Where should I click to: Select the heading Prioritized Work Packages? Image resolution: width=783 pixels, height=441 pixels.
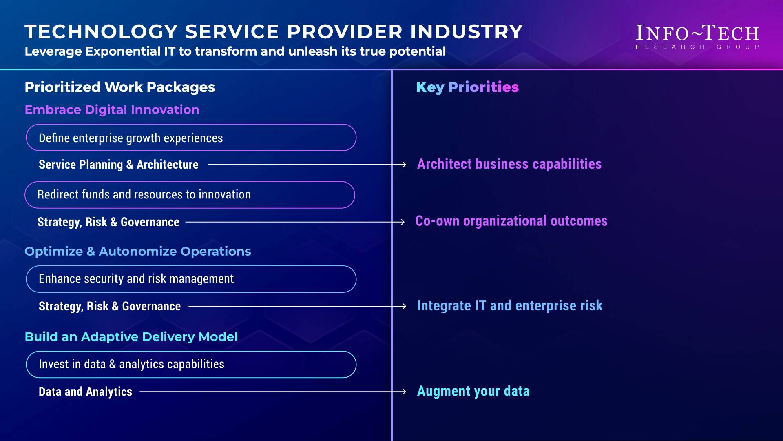coord(119,87)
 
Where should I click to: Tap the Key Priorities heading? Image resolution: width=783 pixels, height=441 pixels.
coord(467,87)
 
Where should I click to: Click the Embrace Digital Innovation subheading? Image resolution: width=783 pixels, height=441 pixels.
coord(112,109)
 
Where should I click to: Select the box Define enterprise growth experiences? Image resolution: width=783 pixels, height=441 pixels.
coord(191,138)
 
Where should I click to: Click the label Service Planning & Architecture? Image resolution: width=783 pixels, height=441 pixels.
coord(118,164)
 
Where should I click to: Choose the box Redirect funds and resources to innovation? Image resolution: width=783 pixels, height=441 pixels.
coord(190,195)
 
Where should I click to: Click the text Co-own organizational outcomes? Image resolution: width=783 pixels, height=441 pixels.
coord(511,221)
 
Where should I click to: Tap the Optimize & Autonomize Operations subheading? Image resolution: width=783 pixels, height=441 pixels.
coord(138,251)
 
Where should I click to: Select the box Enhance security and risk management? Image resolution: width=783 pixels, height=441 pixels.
coord(191,279)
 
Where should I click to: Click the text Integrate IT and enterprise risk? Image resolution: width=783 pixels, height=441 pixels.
coord(510,305)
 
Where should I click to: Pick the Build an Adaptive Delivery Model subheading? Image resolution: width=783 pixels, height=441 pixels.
coord(131,336)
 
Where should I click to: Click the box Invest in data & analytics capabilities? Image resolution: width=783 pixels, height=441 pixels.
coord(191,364)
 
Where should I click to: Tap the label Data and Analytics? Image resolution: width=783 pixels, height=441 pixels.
coord(85,392)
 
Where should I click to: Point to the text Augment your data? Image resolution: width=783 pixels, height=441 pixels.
coord(473,391)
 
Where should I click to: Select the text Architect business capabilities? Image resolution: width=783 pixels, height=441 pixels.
coord(509,164)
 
